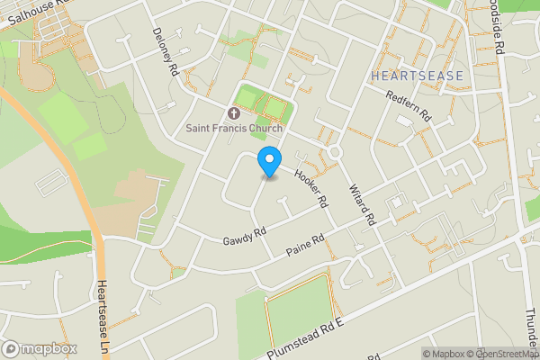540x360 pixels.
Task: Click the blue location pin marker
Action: pyautogui.click(x=268, y=163)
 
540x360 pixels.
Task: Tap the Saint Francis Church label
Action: pyautogui.click(x=234, y=128)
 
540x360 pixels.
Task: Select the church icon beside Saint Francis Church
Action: pyautogui.click(x=234, y=113)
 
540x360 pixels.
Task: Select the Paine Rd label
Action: pyautogui.click(x=305, y=244)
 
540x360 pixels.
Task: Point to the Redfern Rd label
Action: pyautogui.click(x=409, y=107)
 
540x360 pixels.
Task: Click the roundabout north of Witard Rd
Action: pyautogui.click(x=335, y=153)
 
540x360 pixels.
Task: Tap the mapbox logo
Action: pyautogui.click(x=40, y=348)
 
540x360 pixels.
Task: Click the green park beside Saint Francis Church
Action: pyautogui.click(x=260, y=105)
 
